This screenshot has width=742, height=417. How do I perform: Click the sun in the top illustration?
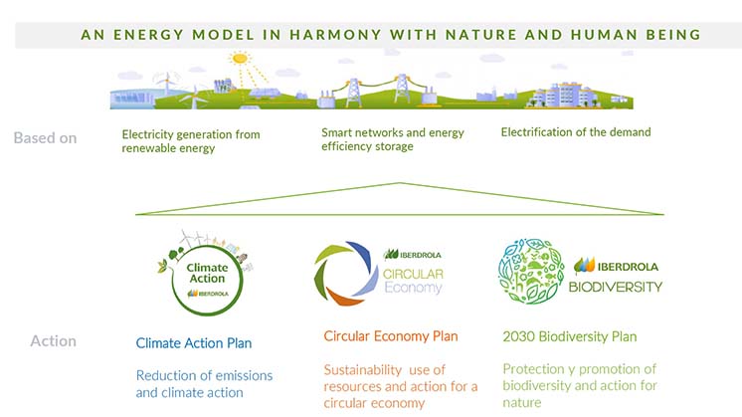pos(239,59)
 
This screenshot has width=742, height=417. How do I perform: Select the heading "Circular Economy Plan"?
pos(391,336)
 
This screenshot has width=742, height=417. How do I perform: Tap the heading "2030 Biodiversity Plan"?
pos(569,336)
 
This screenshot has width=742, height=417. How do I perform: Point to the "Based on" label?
pos(45,138)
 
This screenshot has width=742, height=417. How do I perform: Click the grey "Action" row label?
pos(53,341)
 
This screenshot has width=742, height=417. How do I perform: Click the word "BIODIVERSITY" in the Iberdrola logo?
pos(617,287)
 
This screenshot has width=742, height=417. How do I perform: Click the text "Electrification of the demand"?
pos(576,132)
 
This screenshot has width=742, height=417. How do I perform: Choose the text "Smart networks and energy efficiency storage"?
pos(393,139)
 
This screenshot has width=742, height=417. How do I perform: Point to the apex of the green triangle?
pos(400,183)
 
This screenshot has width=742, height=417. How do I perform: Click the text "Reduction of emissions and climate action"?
pos(204,383)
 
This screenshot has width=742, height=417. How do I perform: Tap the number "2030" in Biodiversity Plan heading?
pos(518,336)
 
